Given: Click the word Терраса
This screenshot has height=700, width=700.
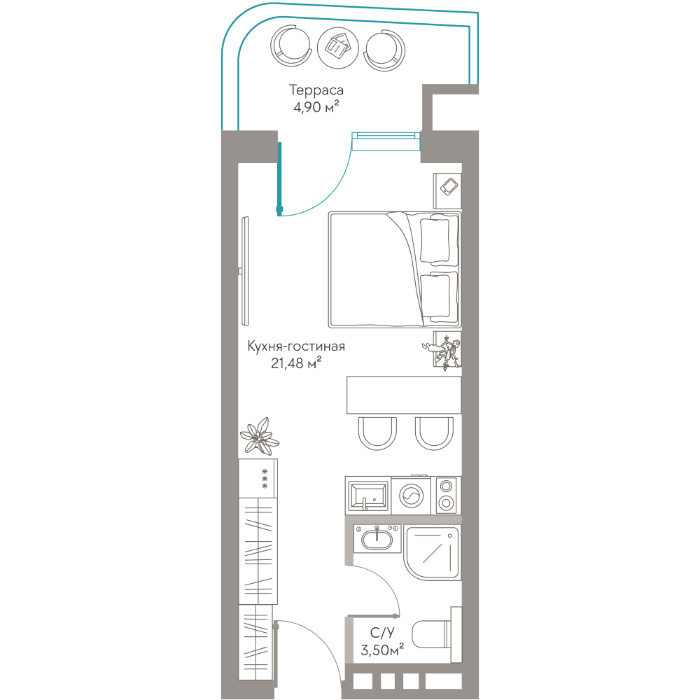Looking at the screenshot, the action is tap(316, 90).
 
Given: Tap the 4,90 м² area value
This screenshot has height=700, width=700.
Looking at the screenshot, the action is tap(316, 107).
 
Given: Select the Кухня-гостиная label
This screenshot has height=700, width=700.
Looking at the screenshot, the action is tap(296, 346).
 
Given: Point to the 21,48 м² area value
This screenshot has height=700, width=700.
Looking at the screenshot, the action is tap(296, 363).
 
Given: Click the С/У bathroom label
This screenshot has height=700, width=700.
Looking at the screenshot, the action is tap(382, 633).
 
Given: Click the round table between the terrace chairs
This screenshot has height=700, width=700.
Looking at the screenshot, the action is tap(338, 48).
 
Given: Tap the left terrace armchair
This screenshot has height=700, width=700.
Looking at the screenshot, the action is tap(290, 46).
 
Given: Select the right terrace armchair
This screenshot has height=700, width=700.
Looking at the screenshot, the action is tap(384, 49).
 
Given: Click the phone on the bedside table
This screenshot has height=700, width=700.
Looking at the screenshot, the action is tap(449, 186).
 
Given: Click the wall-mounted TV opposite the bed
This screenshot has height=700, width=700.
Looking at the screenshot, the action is tap(244, 271).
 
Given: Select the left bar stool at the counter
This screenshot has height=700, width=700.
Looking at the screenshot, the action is tap(377, 433).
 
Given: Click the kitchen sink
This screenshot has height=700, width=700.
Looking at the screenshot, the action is tap(368, 496).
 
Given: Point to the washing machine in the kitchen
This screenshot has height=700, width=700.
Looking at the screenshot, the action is tap(411, 495).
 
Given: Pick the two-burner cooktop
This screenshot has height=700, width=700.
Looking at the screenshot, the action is tap(446, 495).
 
